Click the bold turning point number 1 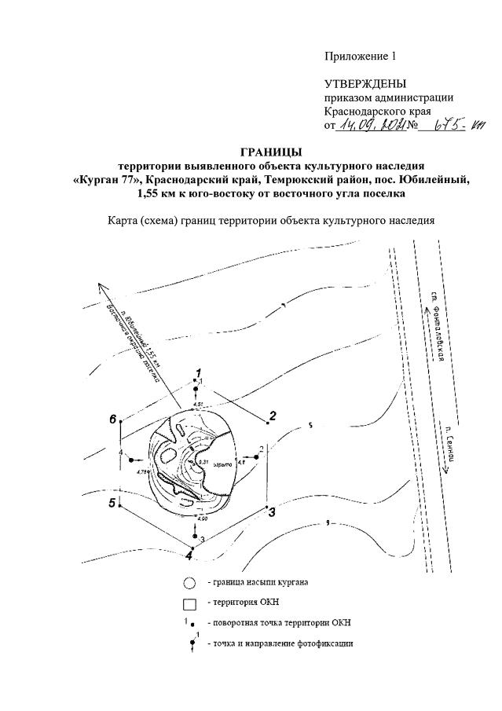click(x=200, y=372)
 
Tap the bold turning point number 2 click(x=273, y=415)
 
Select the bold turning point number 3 click(x=272, y=513)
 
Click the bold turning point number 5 click(x=113, y=502)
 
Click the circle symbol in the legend click(x=189, y=584)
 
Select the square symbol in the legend click(x=189, y=604)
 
